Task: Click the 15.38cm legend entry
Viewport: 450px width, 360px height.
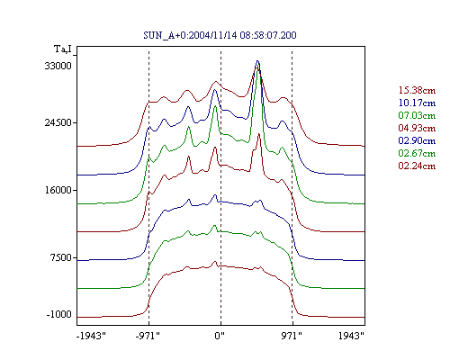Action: (417, 90)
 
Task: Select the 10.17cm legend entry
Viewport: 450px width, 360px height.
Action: (417, 103)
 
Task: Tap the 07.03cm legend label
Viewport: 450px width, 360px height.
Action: (417, 115)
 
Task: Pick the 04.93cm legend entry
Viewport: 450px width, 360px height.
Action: (417, 128)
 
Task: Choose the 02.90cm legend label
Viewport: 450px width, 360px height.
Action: (417, 140)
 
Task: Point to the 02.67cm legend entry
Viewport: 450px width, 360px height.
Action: (417, 153)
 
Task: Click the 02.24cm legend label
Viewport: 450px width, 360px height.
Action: (417, 166)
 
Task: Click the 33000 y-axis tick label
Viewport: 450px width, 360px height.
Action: (58, 66)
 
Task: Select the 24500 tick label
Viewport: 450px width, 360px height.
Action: (58, 122)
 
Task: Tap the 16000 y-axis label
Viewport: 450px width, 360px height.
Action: (58, 190)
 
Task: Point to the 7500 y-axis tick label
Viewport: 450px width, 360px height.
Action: (60, 257)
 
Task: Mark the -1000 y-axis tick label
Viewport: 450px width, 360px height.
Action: (59, 314)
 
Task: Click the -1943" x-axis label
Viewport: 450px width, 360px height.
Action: (92, 336)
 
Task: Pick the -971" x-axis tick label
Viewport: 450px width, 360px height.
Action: (148, 336)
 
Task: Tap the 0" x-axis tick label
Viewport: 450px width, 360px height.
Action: (220, 336)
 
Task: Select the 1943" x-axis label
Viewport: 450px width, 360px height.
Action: (351, 336)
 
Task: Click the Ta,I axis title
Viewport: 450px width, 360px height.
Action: (63, 49)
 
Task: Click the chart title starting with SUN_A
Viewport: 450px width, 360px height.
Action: (220, 35)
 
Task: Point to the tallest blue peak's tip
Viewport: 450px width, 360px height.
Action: (257, 61)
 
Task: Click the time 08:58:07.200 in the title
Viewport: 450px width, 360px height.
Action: (268, 35)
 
